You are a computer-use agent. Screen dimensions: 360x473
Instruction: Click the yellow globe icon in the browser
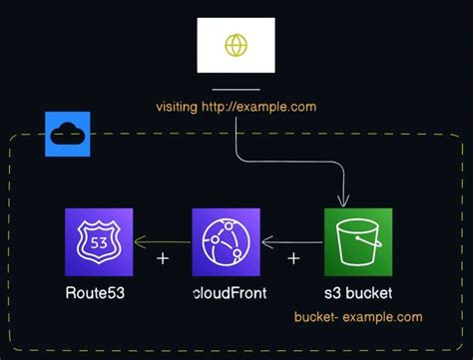[236, 46]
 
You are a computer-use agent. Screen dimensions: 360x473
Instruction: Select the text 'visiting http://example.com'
[236, 106]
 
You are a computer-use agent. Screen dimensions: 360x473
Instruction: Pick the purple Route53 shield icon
[99, 242]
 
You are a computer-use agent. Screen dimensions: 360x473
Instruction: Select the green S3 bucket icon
[358, 242]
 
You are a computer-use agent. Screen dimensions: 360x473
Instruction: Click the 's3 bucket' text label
[358, 293]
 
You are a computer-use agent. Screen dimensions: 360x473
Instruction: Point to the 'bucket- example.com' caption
[358, 317]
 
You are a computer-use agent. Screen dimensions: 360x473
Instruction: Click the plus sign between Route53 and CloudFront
[164, 258]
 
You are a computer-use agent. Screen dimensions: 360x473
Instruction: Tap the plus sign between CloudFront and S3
[293, 258]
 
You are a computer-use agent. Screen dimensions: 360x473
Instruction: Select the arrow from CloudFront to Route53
[162, 241]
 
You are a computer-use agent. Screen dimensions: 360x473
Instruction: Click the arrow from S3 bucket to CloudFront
[291, 241]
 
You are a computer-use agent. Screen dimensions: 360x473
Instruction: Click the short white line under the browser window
[236, 90]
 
